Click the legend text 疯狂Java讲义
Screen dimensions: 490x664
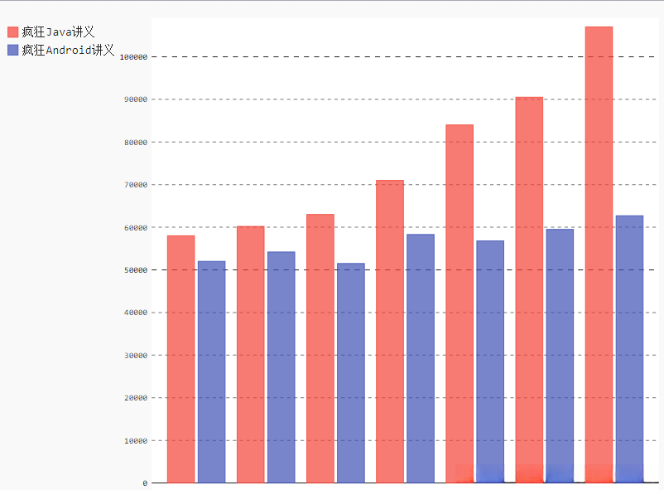(x=58, y=32)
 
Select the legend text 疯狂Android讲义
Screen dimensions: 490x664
(x=68, y=51)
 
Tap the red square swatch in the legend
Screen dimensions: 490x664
(x=12, y=32)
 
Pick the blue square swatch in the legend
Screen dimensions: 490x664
(x=12, y=51)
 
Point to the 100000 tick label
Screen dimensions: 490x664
(x=132, y=57)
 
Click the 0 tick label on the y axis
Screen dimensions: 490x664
(x=144, y=483)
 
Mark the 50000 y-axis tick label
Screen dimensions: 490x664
(x=134, y=270)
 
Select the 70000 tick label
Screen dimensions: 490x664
(x=134, y=185)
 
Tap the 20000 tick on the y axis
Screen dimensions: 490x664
(x=134, y=398)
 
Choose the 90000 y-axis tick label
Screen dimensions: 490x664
(x=134, y=99)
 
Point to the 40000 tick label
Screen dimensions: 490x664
(x=134, y=313)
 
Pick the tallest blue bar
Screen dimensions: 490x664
(x=629, y=349)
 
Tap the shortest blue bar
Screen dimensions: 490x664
(x=350, y=373)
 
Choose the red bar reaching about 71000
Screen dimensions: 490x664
(x=390, y=332)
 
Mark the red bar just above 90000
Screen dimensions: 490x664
(x=529, y=290)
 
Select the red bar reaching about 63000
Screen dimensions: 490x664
(x=320, y=348)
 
